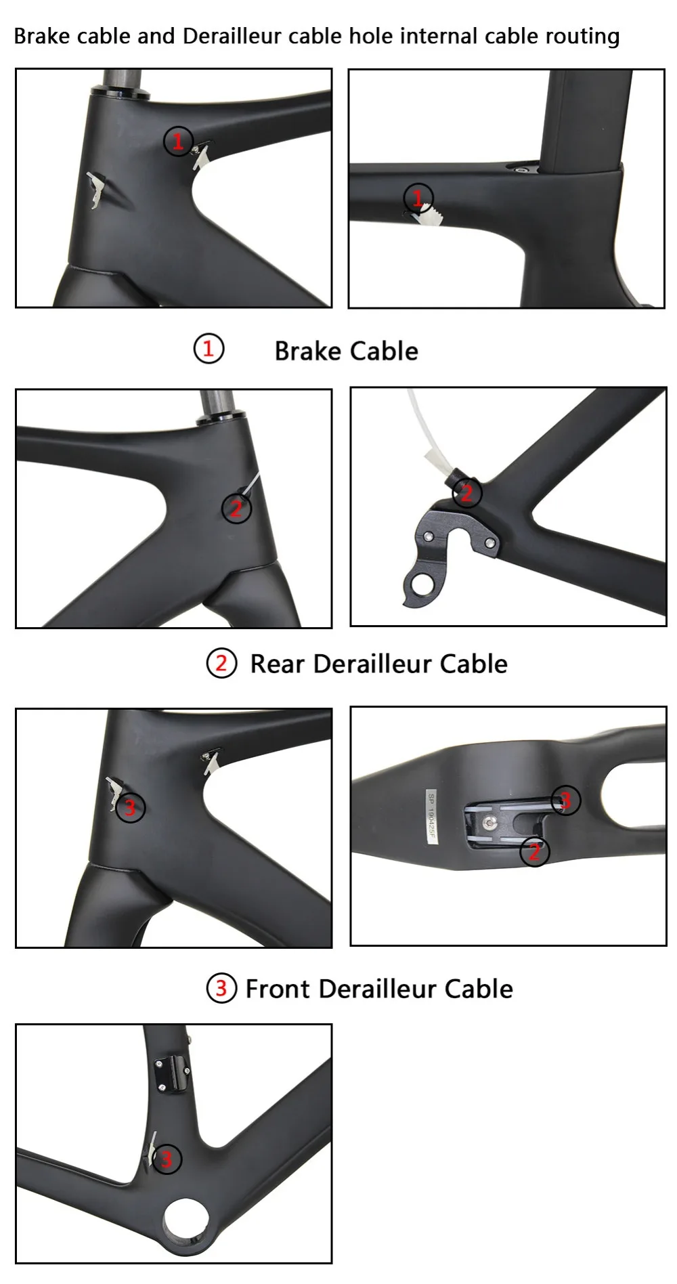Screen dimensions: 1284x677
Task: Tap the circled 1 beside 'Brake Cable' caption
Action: coord(209,349)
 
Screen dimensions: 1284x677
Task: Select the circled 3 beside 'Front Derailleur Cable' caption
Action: coord(221,988)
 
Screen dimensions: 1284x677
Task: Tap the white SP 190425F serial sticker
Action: coord(431,817)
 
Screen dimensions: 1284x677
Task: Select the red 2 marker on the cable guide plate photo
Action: coord(534,851)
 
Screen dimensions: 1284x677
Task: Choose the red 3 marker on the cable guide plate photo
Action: coord(566,801)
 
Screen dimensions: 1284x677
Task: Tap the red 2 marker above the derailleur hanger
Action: coord(467,492)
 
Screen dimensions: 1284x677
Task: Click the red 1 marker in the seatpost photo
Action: coord(418,198)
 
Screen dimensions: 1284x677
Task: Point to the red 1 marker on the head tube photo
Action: coord(178,142)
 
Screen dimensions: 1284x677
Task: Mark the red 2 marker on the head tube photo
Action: coord(236,508)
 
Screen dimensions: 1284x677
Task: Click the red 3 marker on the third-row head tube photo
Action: coord(130,807)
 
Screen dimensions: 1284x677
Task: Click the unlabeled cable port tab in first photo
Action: coord(97,190)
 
